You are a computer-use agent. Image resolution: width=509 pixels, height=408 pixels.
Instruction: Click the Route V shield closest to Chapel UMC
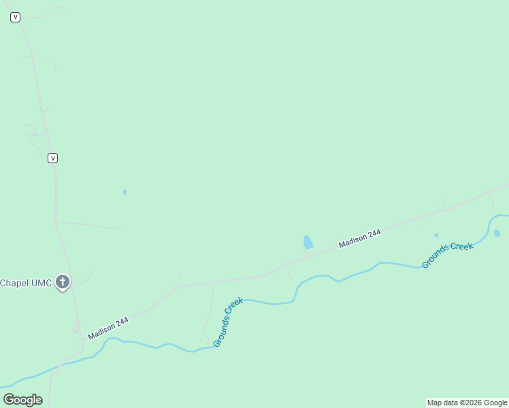[52, 158]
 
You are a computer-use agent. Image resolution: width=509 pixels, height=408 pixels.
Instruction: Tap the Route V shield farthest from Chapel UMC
[15, 18]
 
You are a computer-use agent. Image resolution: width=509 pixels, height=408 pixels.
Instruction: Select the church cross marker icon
[63, 282]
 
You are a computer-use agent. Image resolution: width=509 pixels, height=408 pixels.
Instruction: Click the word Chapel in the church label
[14, 283]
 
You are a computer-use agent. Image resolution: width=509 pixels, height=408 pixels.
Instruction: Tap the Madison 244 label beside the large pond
[360, 239]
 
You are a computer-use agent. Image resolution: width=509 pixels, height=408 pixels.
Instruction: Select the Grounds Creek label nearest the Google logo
[228, 322]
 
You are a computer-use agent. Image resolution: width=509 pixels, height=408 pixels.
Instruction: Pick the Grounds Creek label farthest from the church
[447, 255]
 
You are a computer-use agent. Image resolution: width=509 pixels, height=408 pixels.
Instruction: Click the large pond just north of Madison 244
[308, 242]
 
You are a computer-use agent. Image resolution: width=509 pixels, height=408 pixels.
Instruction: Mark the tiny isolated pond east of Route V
[125, 192]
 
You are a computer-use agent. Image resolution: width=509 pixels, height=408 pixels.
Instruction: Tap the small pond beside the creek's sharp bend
[497, 233]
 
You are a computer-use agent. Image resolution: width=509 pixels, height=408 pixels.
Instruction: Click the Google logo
[23, 400]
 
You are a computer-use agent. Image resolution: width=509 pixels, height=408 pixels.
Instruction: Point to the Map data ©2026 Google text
[467, 403]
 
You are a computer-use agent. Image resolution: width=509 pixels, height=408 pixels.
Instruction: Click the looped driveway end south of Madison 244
[204, 338]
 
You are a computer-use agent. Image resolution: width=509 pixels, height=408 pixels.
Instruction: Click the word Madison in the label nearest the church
[101, 330]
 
